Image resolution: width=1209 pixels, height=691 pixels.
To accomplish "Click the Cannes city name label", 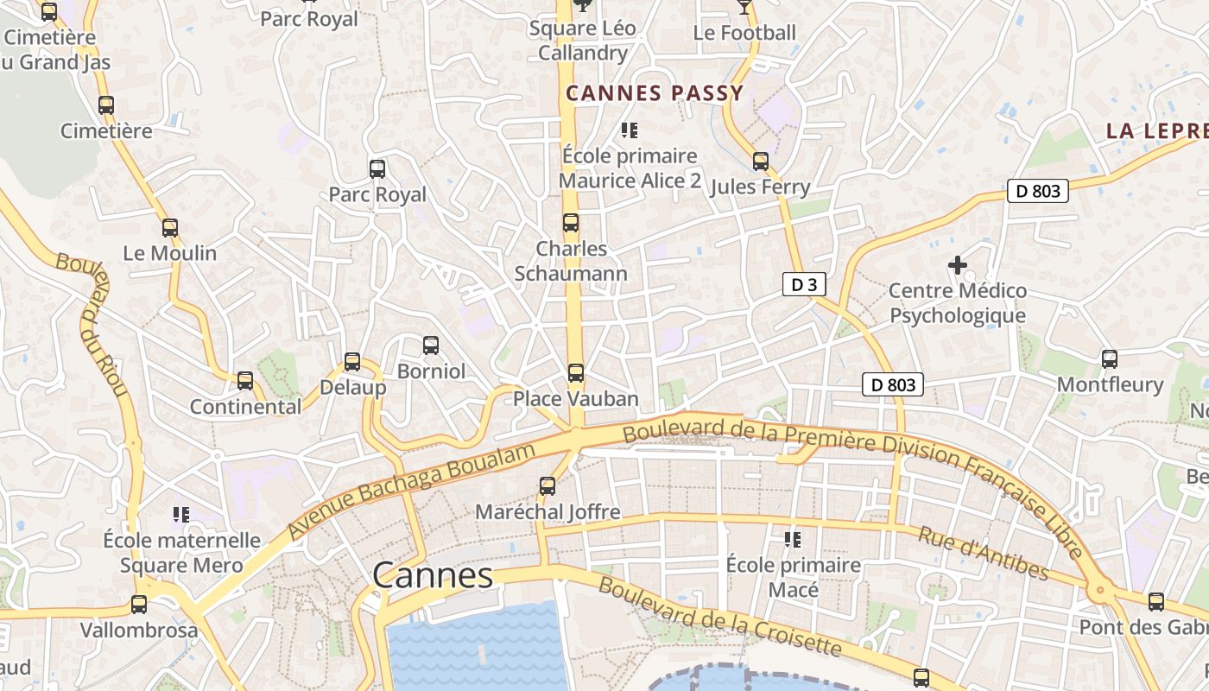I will coord(433,575).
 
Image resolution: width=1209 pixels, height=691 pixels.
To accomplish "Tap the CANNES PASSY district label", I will coord(654,93).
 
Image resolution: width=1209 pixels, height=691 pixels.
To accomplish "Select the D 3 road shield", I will coord(803,284).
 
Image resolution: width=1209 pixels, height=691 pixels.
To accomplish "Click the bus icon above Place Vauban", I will coord(575,373).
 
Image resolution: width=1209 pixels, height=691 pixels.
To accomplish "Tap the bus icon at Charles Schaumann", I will coord(571,223).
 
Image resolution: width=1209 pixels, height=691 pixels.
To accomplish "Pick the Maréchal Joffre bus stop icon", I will coord(548,486).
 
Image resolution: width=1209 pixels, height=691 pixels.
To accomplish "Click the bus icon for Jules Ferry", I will coord(760,162).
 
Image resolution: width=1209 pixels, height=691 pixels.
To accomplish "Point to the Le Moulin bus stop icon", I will coord(170,229).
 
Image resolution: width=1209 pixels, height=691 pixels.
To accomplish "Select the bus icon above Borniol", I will coord(431,346).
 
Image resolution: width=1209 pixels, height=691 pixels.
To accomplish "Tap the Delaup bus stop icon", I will coord(352,362).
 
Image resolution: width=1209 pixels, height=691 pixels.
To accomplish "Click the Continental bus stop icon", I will coord(245,381).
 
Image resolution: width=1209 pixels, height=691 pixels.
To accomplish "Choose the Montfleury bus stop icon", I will coord(1110,358).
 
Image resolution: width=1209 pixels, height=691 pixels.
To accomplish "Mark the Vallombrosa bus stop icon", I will coord(139,605).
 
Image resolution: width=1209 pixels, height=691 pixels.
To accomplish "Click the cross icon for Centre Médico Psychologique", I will coord(958,265).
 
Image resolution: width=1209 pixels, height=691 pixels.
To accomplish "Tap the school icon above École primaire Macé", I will coord(793,541).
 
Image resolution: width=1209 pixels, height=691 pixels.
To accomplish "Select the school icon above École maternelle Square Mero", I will coord(181,516).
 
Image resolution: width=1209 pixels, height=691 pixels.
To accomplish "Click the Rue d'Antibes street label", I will coord(983,554).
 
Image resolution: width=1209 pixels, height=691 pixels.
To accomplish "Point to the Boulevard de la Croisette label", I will coord(718,617).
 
